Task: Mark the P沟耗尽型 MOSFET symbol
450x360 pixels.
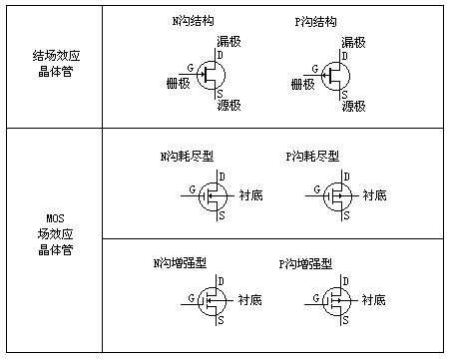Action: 338,195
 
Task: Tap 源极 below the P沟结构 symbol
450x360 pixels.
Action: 354,105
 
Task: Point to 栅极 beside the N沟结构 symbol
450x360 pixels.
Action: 177,85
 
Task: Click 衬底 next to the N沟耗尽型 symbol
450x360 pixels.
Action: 250,195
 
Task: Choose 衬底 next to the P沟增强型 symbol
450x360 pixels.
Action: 373,298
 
